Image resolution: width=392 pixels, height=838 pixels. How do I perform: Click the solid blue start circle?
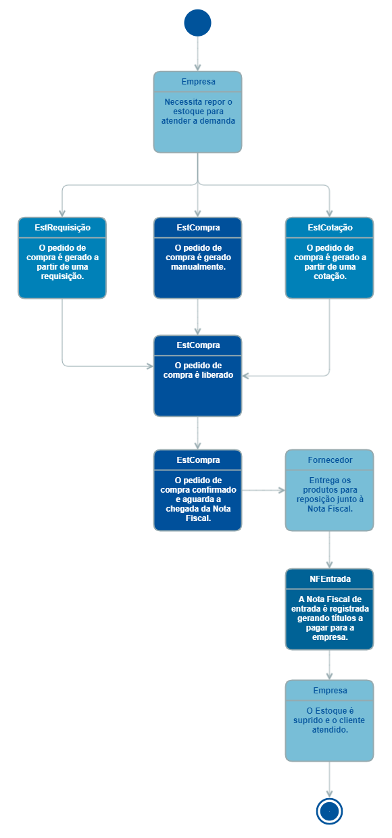tap(197, 22)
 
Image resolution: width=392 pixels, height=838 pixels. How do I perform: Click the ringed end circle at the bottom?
tap(329, 810)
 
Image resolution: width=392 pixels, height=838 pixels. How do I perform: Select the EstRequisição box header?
tap(62, 228)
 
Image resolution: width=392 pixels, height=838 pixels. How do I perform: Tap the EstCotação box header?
tap(329, 228)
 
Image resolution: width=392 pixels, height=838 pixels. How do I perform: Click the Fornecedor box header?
tap(329, 460)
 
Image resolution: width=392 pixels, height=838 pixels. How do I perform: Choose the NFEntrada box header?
tap(329, 579)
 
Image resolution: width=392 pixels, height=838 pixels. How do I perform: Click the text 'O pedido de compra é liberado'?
tap(197, 370)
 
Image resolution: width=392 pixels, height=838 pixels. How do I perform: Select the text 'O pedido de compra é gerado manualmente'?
tap(197, 257)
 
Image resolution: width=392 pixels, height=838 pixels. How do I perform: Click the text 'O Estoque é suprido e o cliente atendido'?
tap(329, 720)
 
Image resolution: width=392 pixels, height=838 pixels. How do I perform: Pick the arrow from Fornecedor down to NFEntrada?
tap(329, 549)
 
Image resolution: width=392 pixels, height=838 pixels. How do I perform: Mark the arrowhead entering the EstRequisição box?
tap(62, 212)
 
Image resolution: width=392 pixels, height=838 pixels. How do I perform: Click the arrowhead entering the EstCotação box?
tap(329, 212)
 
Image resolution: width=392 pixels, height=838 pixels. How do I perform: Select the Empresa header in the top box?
tap(197, 82)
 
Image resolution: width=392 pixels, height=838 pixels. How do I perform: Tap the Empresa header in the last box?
tap(329, 691)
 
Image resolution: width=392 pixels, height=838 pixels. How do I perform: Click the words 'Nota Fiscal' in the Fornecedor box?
tap(329, 509)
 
